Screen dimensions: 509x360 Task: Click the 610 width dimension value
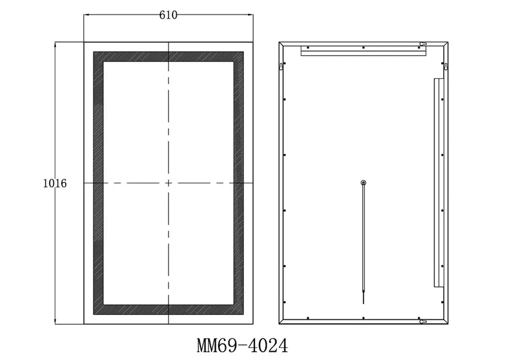pos(168,15)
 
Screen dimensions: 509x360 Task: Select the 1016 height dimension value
pos(55,183)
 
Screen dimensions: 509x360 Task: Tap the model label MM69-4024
pos(242,345)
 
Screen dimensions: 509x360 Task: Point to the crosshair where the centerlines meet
pos(169,183)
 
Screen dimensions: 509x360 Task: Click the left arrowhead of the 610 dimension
pos(87,15)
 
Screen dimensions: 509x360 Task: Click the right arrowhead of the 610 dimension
pos(251,15)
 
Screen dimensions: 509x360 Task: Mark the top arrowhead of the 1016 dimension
pos(55,45)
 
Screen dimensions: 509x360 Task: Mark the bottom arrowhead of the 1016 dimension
pos(55,321)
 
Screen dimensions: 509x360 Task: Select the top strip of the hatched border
pos(169,57)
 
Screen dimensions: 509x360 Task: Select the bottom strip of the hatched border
pos(169,310)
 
